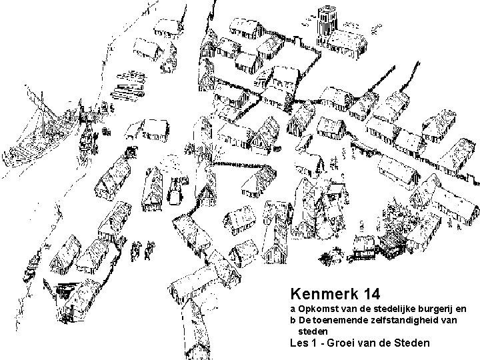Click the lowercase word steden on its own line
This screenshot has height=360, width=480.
(x=313, y=331)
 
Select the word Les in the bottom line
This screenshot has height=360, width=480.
(x=299, y=344)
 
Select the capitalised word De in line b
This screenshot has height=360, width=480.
(x=304, y=321)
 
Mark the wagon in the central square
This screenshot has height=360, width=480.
(x=176, y=190)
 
